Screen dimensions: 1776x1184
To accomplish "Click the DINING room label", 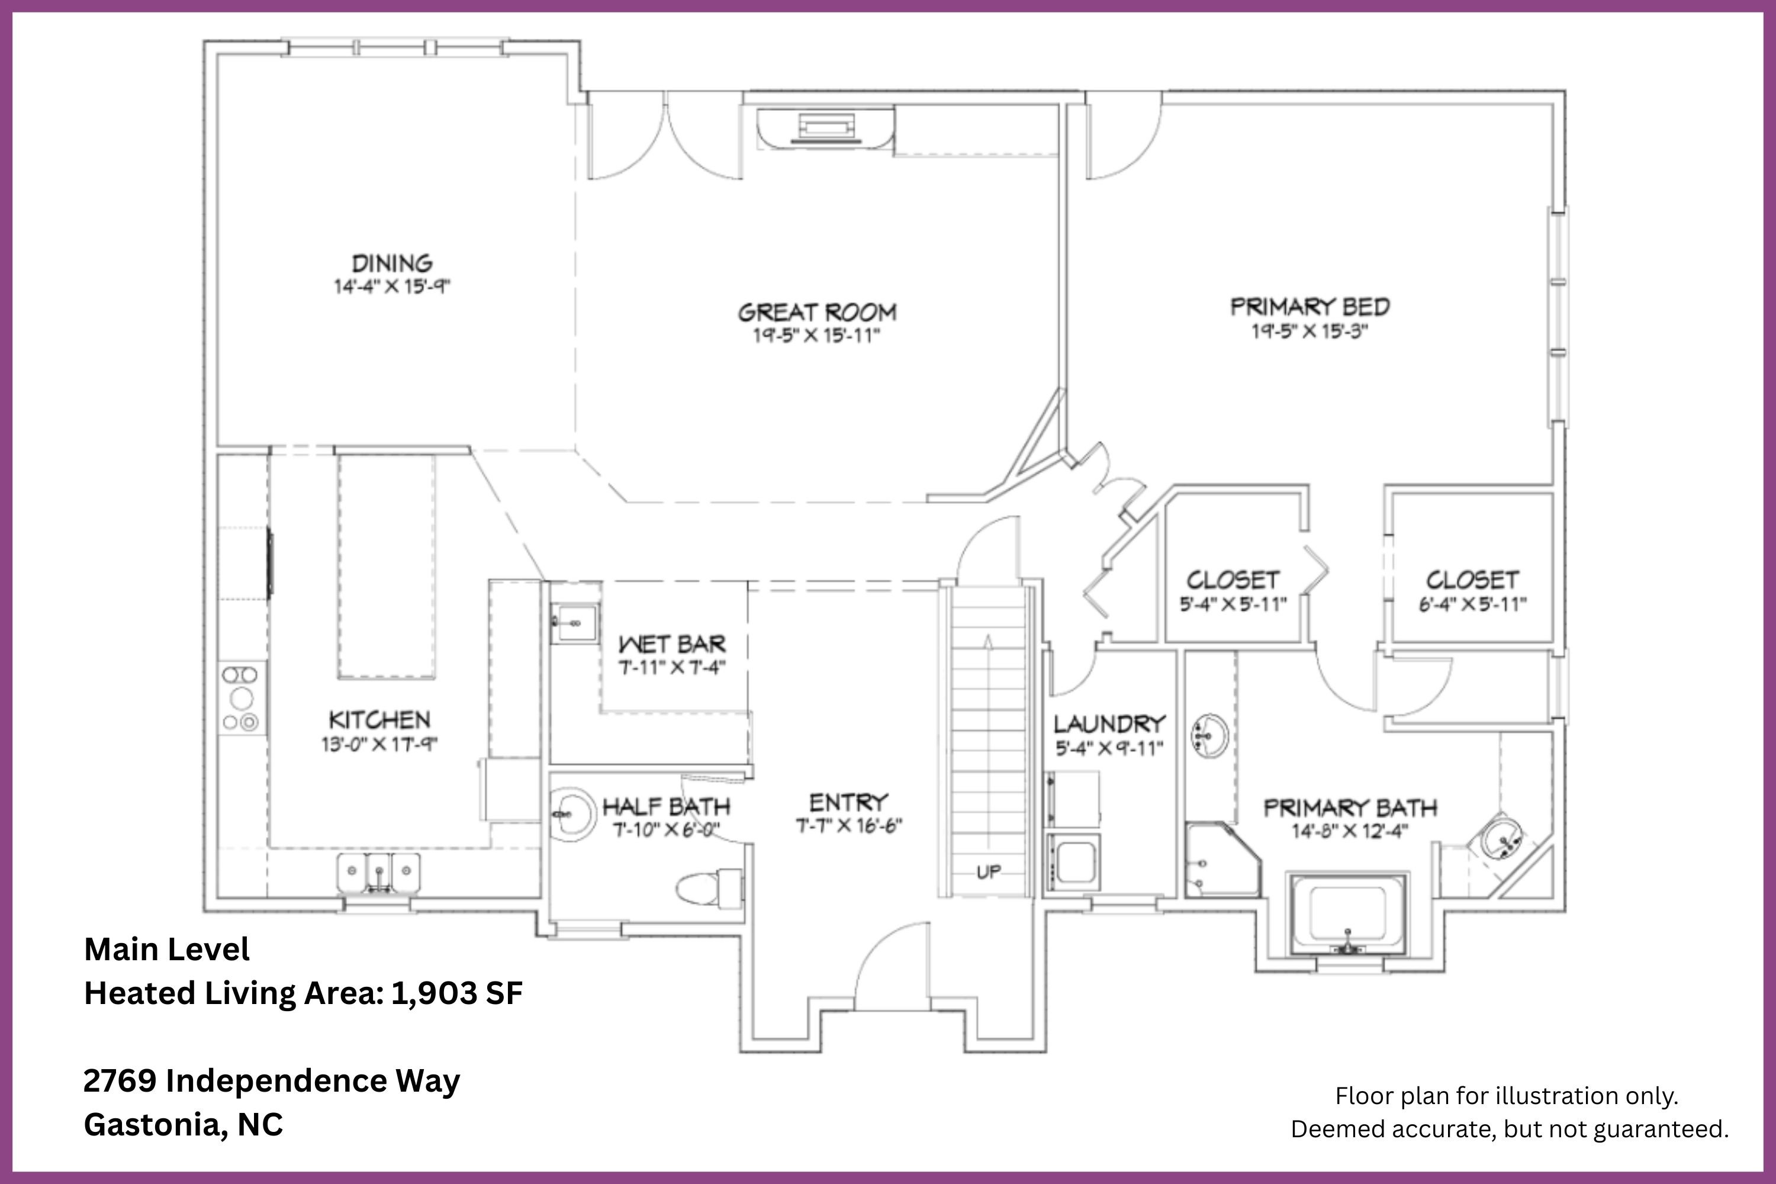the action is pyautogui.click(x=392, y=263).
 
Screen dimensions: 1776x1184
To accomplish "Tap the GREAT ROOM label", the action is pyautogui.click(x=817, y=312).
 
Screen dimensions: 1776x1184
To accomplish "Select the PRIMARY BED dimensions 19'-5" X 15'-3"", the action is pyautogui.click(x=1310, y=332).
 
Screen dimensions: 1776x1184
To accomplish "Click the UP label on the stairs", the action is pyautogui.click(x=989, y=872).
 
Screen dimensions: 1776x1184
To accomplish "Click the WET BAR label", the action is pyautogui.click(x=671, y=644).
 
